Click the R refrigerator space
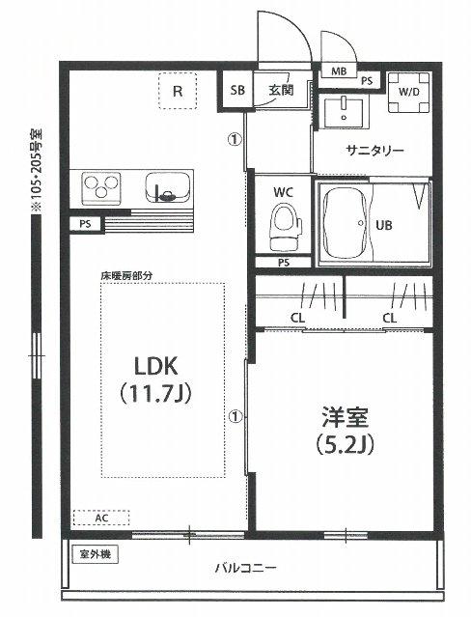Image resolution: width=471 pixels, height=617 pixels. click(177, 93)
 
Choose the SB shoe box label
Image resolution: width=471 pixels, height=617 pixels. click(237, 91)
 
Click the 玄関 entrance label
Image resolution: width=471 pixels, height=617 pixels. click(281, 91)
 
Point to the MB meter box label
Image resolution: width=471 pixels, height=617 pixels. click(339, 71)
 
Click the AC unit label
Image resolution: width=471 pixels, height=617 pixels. click(100, 519)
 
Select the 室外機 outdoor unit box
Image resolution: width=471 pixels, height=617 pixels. click(96, 555)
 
